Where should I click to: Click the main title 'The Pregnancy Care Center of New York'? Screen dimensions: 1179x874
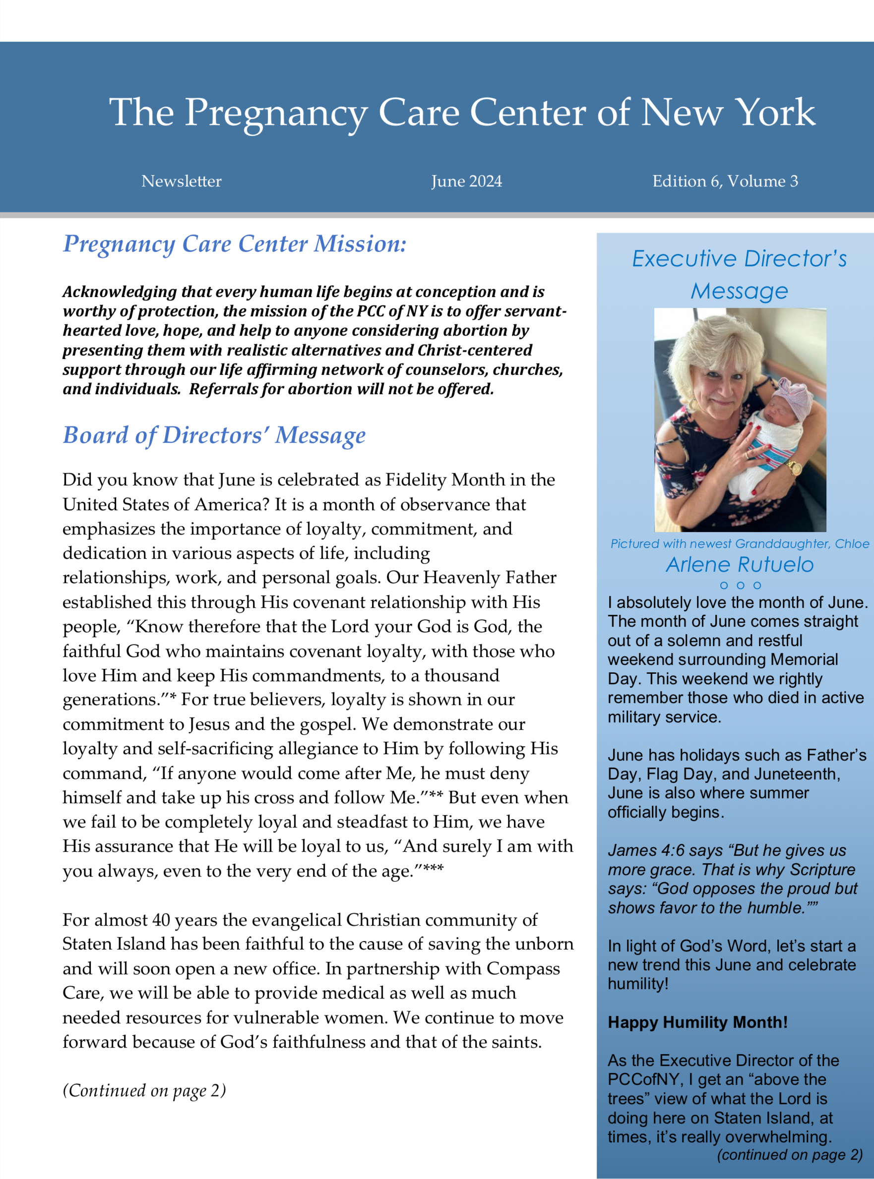click(x=462, y=113)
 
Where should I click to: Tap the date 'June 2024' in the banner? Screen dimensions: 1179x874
click(x=466, y=181)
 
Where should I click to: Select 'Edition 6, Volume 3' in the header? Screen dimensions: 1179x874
click(x=725, y=181)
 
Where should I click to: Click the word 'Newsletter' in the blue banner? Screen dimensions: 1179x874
click(x=182, y=181)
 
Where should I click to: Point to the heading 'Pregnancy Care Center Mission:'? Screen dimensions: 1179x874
click(x=234, y=244)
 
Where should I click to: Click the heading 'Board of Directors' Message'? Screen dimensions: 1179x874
click(x=214, y=436)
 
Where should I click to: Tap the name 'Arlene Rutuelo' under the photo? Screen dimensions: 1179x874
click(x=739, y=565)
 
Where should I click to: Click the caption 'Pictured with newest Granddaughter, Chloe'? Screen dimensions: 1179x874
click(x=739, y=543)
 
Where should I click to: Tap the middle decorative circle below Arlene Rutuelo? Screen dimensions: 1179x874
click(x=740, y=585)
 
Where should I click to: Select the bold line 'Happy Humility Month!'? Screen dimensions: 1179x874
click(x=697, y=1022)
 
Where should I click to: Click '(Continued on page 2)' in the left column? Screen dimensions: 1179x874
click(x=144, y=1090)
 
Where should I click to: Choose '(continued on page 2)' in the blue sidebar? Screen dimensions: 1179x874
click(x=789, y=1155)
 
